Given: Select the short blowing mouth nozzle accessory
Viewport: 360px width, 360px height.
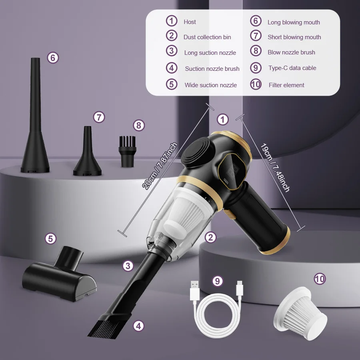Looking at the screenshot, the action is coord(87,154).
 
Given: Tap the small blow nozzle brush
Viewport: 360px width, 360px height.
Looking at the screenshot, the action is coord(128,152).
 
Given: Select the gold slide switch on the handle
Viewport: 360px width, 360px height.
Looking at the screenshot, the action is coord(229,214).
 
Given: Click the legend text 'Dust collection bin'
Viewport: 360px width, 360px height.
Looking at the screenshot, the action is coord(207,37).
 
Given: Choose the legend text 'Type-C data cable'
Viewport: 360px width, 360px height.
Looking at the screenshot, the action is coord(292,68).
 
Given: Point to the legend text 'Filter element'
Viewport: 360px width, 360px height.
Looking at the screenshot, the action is coord(286,85).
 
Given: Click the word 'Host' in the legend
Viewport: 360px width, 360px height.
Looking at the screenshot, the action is coord(190,22).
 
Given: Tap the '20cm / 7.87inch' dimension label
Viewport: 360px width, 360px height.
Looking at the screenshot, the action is coord(160,166).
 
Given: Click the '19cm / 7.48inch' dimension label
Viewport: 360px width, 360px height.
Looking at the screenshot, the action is coord(275,168).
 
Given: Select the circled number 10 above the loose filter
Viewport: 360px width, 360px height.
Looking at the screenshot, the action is coord(320,279).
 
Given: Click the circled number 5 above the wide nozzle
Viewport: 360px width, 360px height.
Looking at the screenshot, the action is coord(51,238).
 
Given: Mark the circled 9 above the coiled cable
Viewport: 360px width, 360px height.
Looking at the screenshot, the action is coord(218,281).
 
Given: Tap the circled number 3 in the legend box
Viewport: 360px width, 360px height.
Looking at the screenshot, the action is coord(172,51).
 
